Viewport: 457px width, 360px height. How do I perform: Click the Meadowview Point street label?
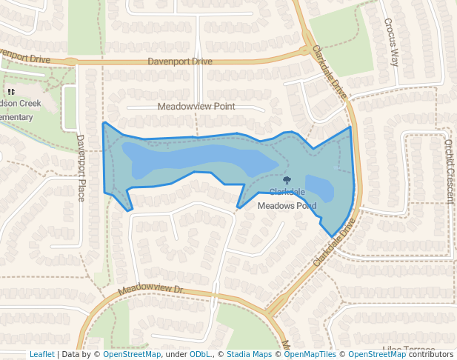click(196, 107)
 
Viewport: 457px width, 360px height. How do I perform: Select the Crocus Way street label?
click(391, 42)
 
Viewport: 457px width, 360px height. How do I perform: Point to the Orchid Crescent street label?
click(449, 171)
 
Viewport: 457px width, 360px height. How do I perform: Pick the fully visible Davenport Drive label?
click(180, 61)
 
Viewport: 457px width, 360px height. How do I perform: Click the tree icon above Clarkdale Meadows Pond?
click(287, 180)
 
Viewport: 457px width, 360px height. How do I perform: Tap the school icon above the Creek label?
click(10, 92)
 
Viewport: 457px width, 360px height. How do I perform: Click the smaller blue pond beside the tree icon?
click(319, 188)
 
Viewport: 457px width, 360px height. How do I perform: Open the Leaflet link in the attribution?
click(41, 355)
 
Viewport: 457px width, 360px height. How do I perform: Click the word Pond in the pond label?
click(305, 206)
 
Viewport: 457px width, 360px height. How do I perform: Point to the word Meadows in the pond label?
click(275, 206)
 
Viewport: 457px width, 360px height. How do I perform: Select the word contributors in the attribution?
click(430, 355)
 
